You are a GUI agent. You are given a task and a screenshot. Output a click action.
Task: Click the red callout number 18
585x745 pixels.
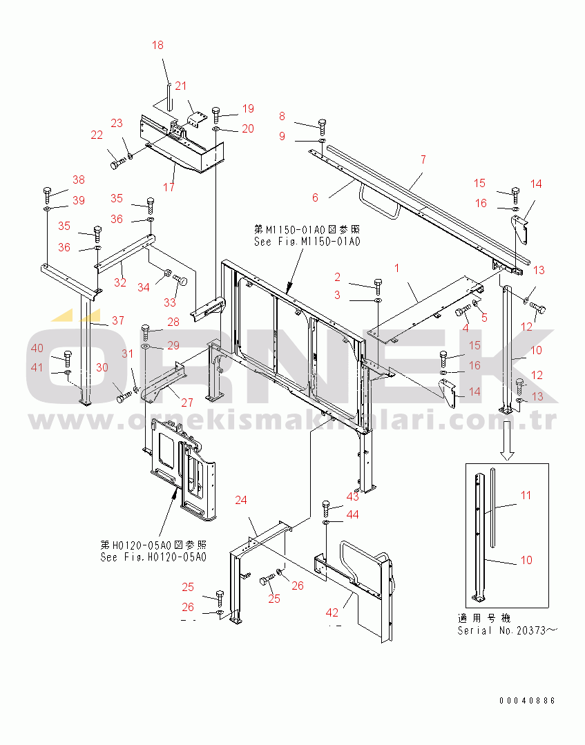(157, 45)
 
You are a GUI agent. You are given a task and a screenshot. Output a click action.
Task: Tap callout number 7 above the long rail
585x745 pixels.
(423, 159)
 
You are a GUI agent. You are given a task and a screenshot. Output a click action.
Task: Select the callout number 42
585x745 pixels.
(332, 613)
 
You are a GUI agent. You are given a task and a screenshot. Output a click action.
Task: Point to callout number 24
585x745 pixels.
(241, 500)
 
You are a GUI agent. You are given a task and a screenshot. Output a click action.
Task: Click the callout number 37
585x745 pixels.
(118, 320)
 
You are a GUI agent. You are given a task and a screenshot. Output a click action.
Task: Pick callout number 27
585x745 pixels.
(187, 403)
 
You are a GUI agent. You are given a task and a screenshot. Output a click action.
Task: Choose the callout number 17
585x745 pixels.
(169, 187)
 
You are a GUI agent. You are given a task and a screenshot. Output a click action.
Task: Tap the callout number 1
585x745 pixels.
(397, 268)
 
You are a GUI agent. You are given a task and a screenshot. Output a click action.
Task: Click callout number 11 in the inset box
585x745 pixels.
(526, 495)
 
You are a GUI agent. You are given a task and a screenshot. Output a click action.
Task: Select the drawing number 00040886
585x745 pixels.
(527, 701)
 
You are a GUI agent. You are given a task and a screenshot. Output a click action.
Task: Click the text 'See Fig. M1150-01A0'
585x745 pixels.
(307, 242)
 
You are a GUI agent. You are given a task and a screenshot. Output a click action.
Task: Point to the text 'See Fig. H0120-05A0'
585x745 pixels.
(153, 557)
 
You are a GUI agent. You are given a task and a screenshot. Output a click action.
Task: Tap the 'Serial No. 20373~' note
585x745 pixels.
(507, 630)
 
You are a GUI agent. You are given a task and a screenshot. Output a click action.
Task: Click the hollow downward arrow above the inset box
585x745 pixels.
(507, 441)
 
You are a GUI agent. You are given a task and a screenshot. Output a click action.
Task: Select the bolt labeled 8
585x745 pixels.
(322, 124)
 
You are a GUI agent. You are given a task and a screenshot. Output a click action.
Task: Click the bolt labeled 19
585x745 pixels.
(216, 115)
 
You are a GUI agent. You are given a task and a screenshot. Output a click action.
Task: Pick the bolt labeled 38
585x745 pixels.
(47, 195)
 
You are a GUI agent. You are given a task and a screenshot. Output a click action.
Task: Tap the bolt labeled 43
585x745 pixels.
(325, 508)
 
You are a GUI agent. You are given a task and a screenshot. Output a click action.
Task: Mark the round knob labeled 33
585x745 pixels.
(180, 280)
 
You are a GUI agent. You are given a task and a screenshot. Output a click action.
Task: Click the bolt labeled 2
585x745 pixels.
(378, 287)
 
